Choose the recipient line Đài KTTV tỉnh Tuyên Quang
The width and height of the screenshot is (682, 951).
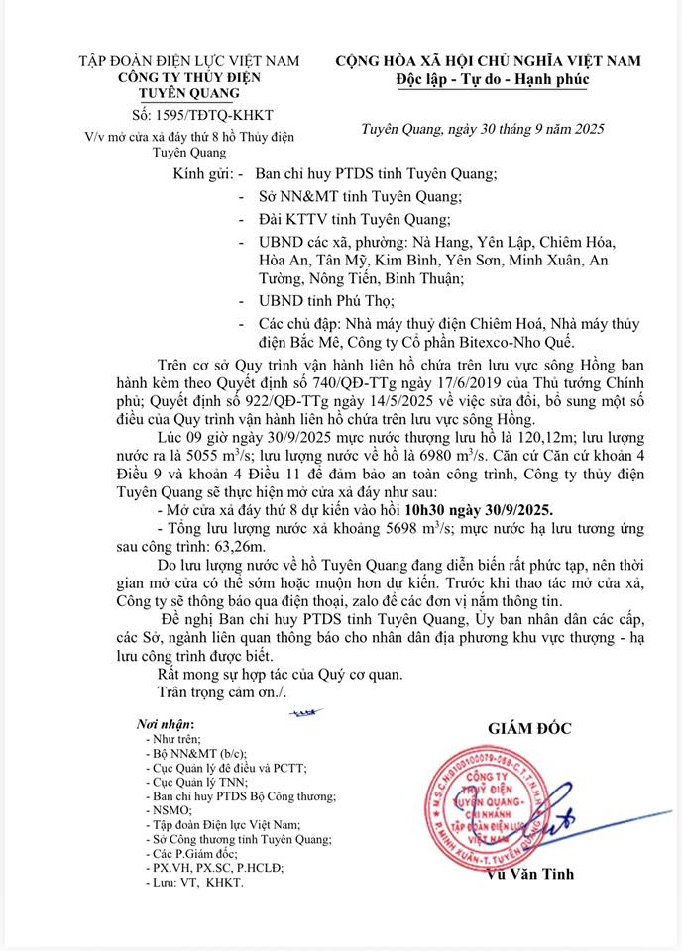point(353,219)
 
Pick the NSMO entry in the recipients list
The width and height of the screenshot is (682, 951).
point(165,809)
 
